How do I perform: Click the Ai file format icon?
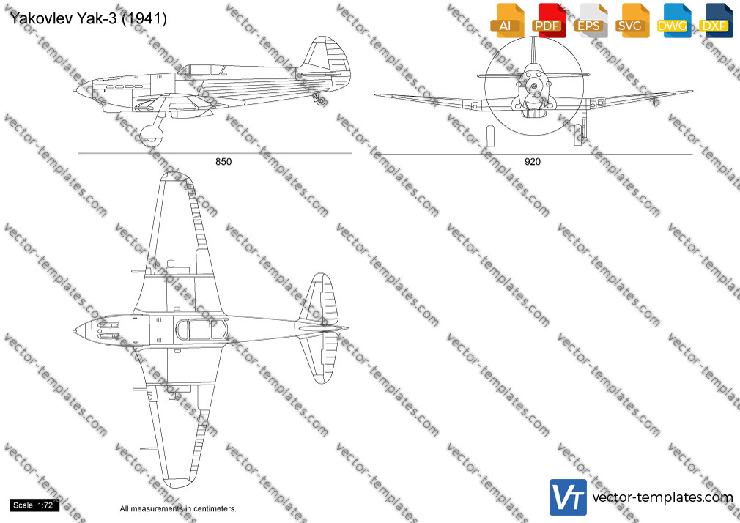click(507, 21)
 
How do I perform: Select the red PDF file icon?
click(549, 21)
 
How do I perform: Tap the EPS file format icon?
click(590, 21)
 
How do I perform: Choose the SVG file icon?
click(632, 21)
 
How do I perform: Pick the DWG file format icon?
click(673, 21)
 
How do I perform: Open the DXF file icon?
click(716, 21)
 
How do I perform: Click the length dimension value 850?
click(223, 162)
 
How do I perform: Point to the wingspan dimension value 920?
click(533, 162)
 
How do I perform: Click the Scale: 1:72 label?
click(33, 505)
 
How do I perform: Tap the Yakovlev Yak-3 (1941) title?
click(88, 19)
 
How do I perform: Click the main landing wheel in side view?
click(152, 135)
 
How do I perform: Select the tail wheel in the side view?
click(321, 100)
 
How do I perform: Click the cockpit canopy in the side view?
click(202, 70)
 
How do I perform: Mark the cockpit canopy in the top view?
click(201, 329)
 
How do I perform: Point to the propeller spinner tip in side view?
click(74, 89)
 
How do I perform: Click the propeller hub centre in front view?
click(534, 86)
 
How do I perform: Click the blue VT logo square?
click(569, 497)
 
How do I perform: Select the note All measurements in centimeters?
click(178, 509)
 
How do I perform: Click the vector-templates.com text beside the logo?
click(662, 497)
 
